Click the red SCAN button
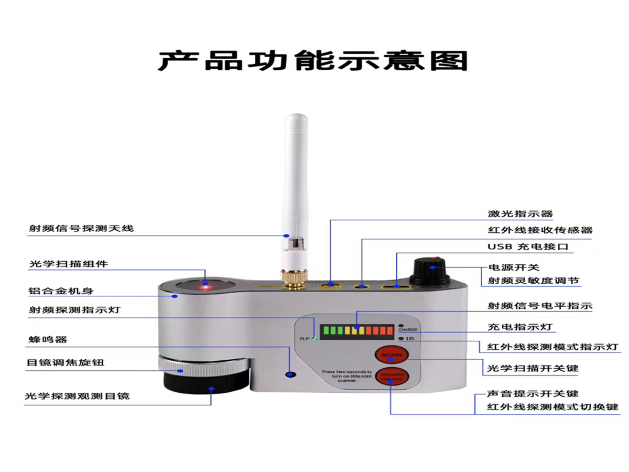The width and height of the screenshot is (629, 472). [391, 356]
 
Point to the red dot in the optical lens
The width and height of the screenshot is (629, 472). [205, 287]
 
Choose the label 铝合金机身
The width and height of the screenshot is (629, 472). [61, 291]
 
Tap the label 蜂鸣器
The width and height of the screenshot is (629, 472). [48, 339]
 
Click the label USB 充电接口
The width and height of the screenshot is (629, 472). [527, 246]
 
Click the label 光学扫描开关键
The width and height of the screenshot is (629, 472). [533, 368]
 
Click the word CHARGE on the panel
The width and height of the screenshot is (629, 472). [408, 330]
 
